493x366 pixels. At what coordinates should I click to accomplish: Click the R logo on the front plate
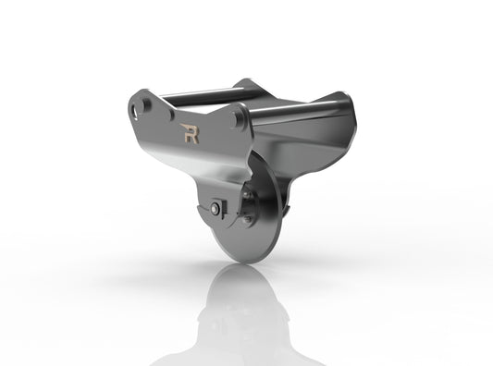coord(191,136)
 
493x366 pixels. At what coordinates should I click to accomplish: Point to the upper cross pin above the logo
coord(199,93)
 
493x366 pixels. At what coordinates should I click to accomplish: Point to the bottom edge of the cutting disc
coord(242,261)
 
